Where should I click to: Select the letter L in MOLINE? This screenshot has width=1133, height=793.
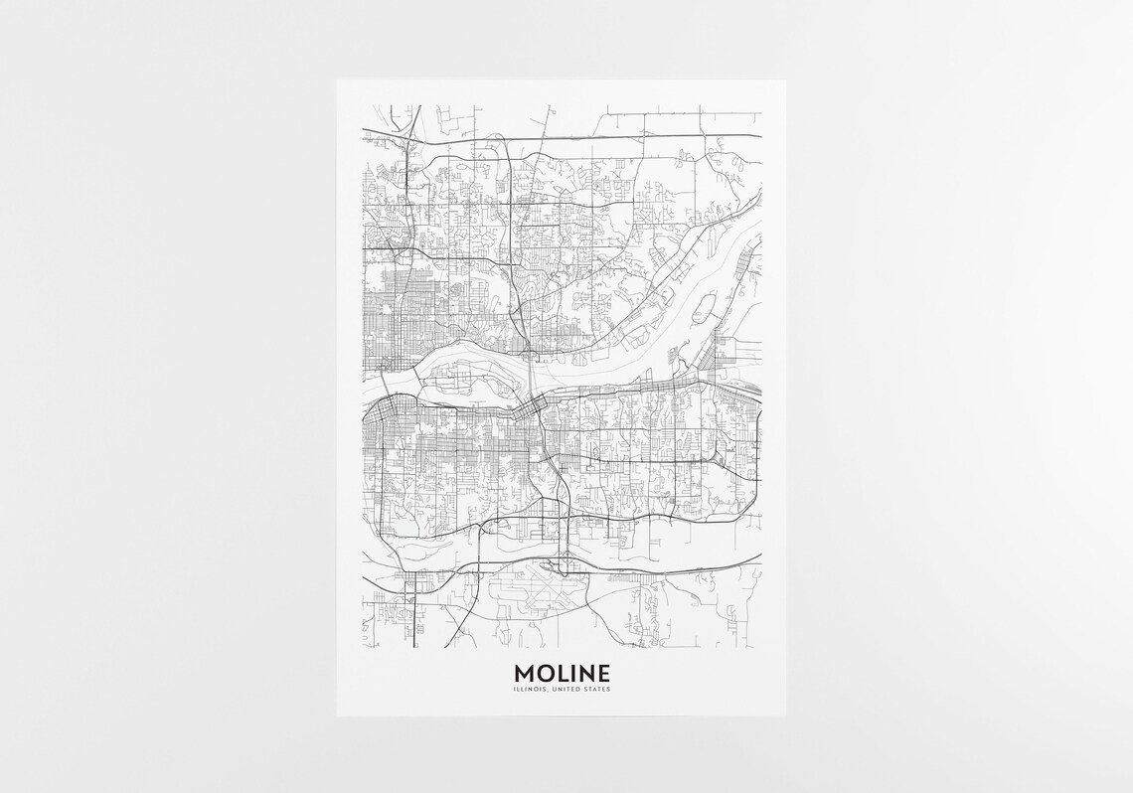pyautogui.click(x=562, y=673)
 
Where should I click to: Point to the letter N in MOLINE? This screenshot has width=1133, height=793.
pyautogui.click(x=586, y=673)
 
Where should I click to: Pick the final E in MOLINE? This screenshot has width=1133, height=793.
pyautogui.click(x=604, y=673)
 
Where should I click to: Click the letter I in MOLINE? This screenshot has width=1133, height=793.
pyautogui.click(x=572, y=673)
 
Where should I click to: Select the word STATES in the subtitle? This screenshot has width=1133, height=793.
pyautogui.click(x=598, y=689)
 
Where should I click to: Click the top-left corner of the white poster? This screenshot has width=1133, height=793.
pyautogui.click(x=337, y=79)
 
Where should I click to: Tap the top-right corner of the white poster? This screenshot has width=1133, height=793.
pyautogui.click(x=785, y=79)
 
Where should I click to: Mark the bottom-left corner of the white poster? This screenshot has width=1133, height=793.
pyautogui.click(x=337, y=713)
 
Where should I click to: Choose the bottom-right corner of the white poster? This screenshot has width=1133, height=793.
pyautogui.click(x=785, y=713)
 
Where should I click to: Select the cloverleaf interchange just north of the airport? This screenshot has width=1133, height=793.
pyautogui.click(x=563, y=567)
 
